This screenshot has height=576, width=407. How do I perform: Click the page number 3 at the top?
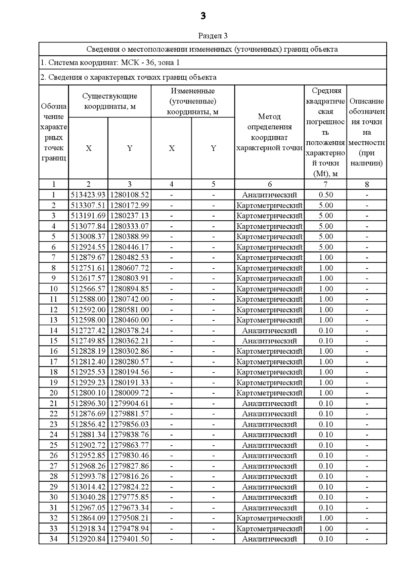(x=203, y=16)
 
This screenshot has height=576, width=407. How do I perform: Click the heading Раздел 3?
(x=213, y=36)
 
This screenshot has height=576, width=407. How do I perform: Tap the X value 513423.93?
(x=88, y=195)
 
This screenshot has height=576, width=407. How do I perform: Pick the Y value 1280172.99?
(x=130, y=205)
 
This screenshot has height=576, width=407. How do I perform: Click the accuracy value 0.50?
(x=326, y=195)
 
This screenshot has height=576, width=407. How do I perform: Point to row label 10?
(x=54, y=289)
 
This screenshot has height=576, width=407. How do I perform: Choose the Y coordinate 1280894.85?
(x=130, y=289)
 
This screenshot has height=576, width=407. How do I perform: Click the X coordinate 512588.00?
(x=88, y=299)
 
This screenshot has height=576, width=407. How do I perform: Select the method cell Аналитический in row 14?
(x=269, y=331)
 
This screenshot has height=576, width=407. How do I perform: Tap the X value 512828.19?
(x=88, y=351)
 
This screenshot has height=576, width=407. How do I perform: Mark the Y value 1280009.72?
(x=130, y=393)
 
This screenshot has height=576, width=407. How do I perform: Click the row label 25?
(x=54, y=445)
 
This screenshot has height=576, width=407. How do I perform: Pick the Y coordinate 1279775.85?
(x=130, y=497)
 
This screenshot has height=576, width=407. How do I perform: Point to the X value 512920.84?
(x=88, y=539)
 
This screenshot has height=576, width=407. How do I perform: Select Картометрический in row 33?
(x=269, y=528)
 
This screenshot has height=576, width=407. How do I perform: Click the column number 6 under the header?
(x=270, y=184)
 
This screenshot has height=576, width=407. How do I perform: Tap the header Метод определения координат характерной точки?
(x=269, y=132)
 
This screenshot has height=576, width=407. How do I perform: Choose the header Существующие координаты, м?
(x=110, y=101)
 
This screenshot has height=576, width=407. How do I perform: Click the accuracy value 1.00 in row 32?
(x=326, y=518)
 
